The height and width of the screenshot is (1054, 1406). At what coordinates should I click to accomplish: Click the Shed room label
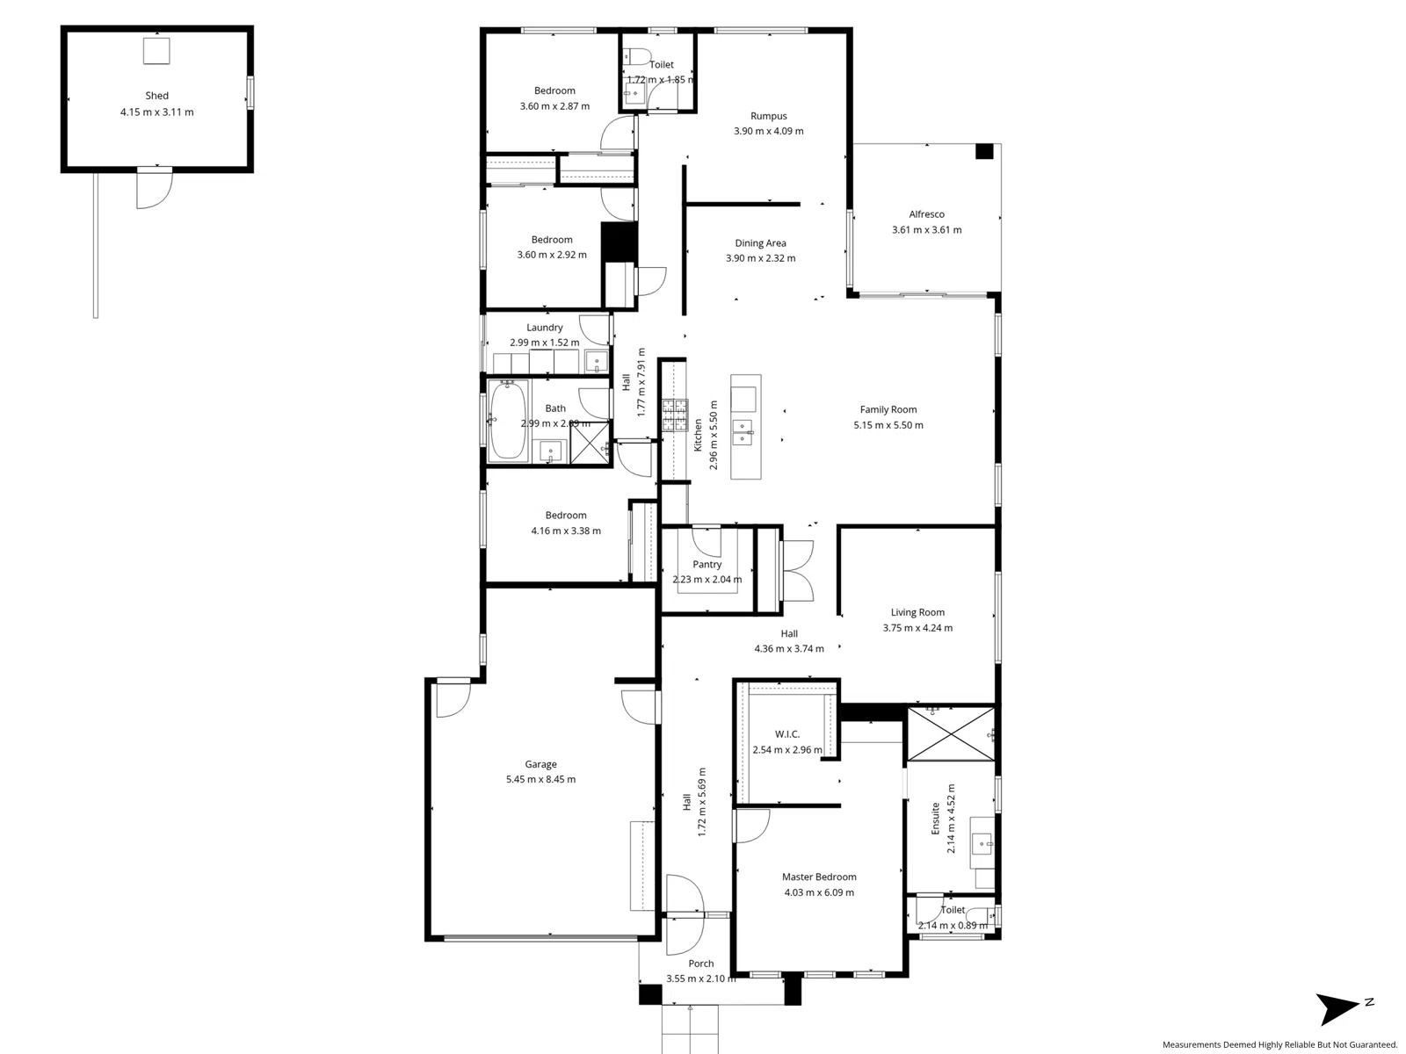(x=157, y=96)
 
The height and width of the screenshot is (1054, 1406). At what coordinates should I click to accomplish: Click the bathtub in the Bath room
(x=507, y=421)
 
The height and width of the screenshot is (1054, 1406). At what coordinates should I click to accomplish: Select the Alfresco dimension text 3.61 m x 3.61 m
(x=926, y=230)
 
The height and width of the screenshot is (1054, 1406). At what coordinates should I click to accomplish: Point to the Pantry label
(x=707, y=565)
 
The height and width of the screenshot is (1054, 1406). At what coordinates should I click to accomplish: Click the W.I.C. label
(x=787, y=734)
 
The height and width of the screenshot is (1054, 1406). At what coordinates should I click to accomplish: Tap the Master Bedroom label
(x=819, y=877)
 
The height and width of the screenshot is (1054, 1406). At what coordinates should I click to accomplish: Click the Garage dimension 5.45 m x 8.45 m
(x=540, y=779)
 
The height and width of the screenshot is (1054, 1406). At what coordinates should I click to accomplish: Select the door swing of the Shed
(x=152, y=190)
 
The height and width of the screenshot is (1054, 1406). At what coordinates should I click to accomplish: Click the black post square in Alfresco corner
(x=984, y=151)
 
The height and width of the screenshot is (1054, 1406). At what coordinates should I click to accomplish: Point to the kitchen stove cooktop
(x=675, y=416)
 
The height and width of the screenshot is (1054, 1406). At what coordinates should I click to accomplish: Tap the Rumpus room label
(x=768, y=116)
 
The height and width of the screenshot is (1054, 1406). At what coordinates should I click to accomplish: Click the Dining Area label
(x=760, y=243)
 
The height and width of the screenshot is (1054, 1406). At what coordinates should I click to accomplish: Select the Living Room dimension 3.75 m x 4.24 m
(x=917, y=628)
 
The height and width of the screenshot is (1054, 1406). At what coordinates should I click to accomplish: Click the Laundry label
(x=545, y=328)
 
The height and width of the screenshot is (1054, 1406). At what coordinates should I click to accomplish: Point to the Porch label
(x=700, y=964)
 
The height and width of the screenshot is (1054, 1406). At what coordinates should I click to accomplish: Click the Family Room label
(x=888, y=409)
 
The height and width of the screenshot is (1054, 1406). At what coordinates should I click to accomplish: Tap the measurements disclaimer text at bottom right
(x=1279, y=1044)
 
